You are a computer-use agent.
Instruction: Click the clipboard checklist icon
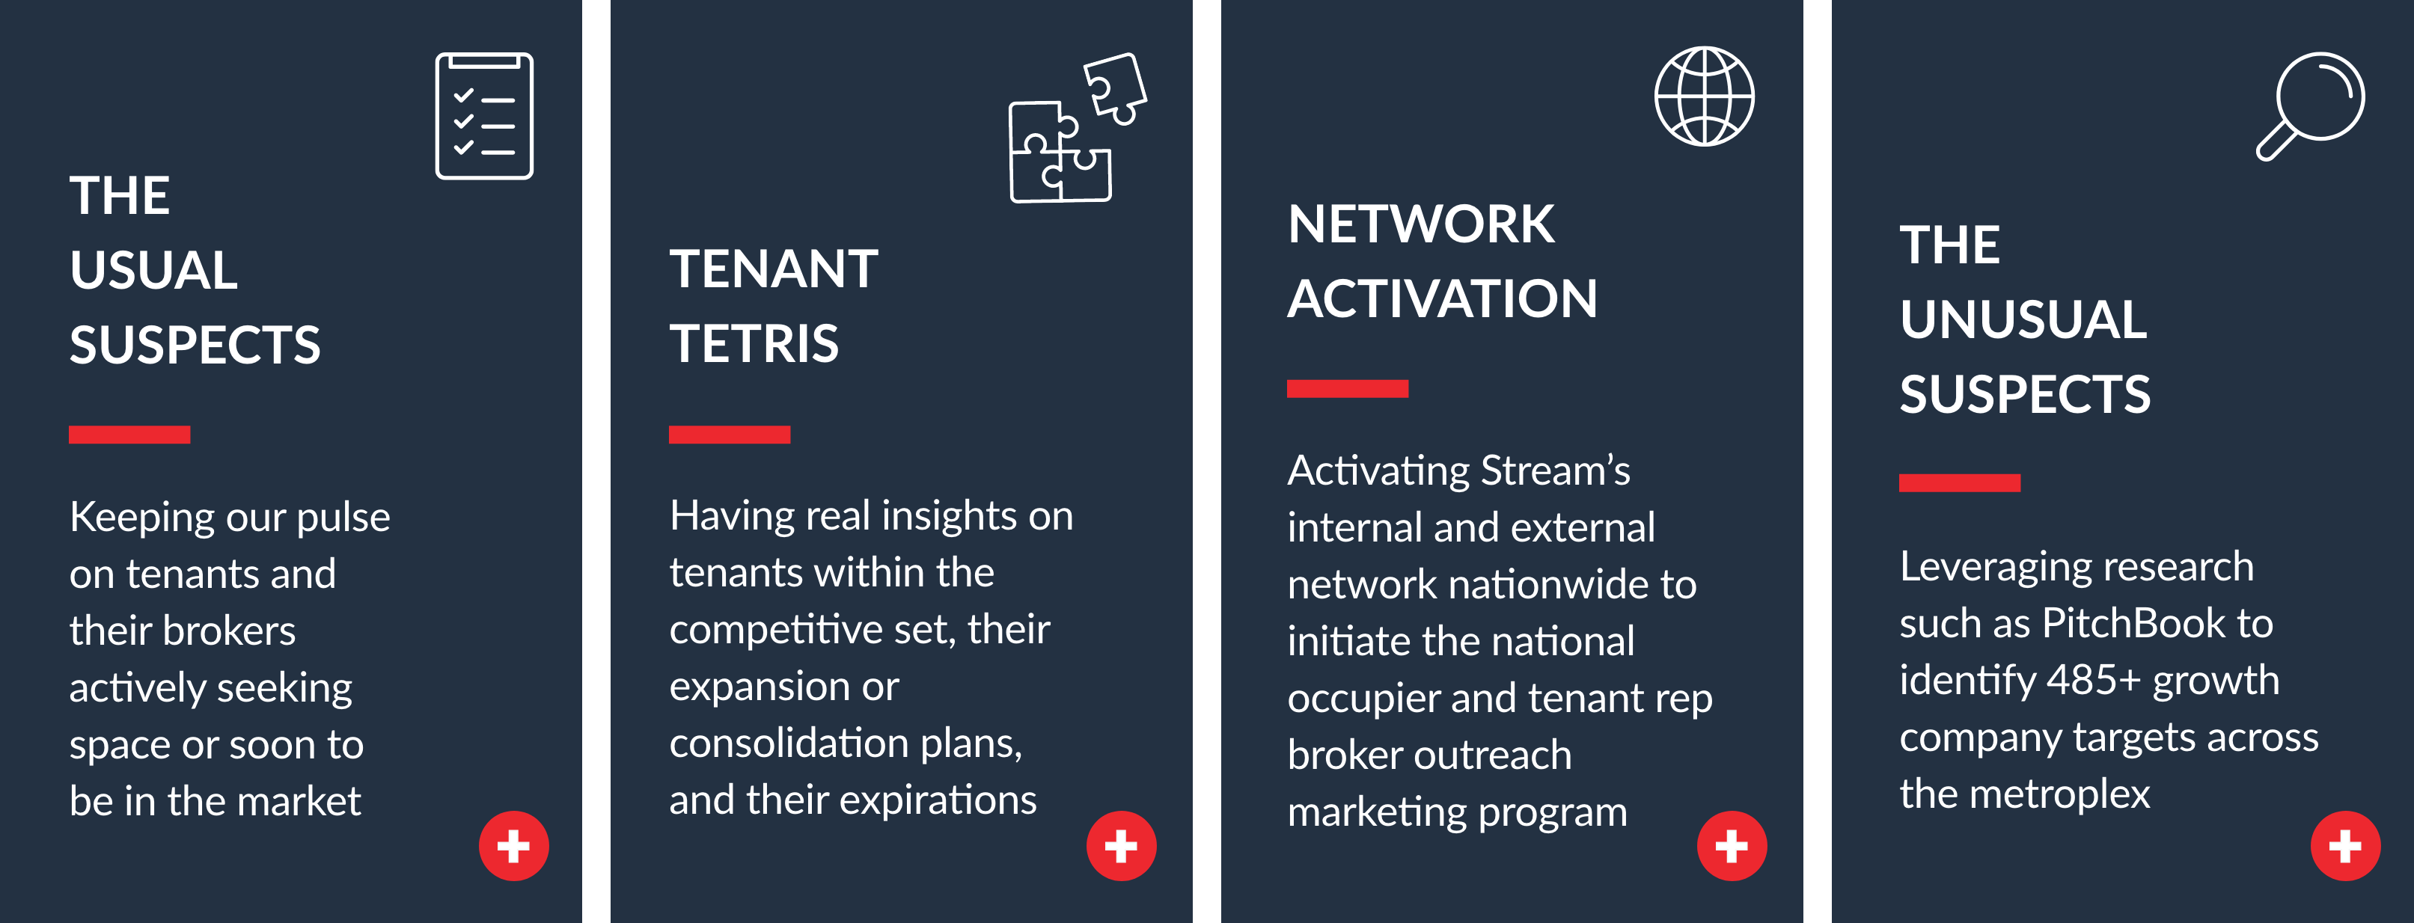click(x=484, y=115)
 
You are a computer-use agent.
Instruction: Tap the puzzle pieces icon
click(x=1078, y=127)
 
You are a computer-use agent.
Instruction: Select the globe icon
click(x=1704, y=96)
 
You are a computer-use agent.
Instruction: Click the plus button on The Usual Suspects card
click(x=513, y=845)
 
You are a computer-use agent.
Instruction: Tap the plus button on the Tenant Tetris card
click(x=1121, y=845)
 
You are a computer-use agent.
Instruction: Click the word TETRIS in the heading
click(x=754, y=344)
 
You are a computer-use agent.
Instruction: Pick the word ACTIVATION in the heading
click(x=1442, y=299)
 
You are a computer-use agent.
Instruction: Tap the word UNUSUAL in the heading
click(x=2023, y=319)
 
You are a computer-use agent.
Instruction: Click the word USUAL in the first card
click(x=153, y=271)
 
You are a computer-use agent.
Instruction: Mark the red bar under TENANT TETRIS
click(x=729, y=434)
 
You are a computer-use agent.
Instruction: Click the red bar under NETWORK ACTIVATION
click(x=1348, y=389)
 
